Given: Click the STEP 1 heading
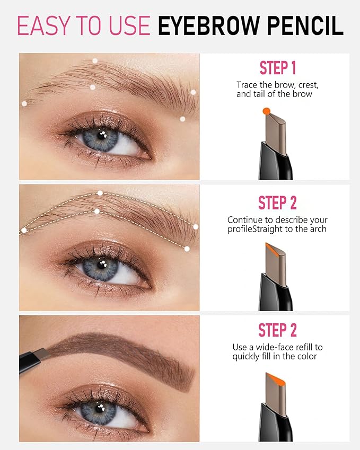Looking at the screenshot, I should [x=277, y=68].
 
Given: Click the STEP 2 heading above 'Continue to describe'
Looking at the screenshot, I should [x=277, y=202].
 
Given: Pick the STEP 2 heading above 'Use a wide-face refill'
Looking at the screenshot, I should [x=277, y=330].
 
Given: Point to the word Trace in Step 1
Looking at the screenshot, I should [x=248, y=85].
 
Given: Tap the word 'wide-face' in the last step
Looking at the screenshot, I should [x=272, y=347].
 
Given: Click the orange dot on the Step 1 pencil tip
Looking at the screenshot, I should [x=266, y=110].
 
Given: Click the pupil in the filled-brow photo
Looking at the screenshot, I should [x=99, y=409].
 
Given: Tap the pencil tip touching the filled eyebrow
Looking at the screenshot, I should [x=43, y=352].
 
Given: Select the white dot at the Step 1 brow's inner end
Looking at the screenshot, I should [x=24, y=103].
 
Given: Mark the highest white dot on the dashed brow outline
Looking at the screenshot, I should [x=100, y=192].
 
